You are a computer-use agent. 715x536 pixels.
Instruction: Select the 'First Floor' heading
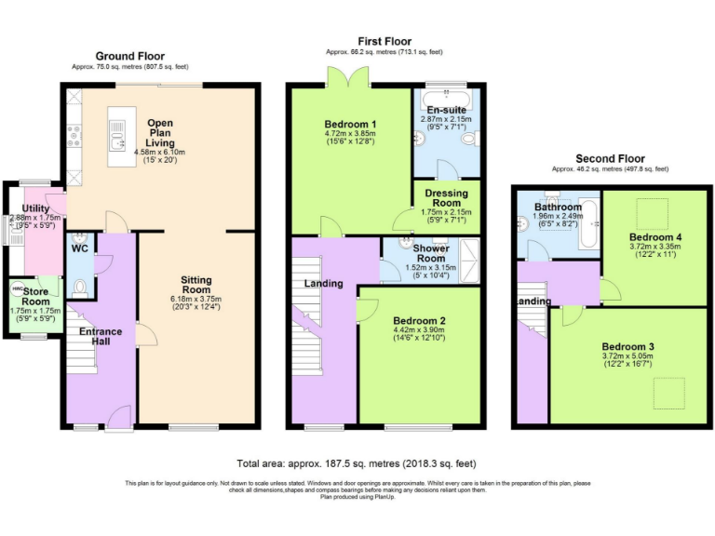coord(384,42)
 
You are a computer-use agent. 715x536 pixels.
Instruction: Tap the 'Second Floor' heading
coord(610,159)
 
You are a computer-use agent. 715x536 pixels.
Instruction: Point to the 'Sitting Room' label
coord(196,286)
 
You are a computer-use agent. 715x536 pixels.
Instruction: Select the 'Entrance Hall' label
coord(101,337)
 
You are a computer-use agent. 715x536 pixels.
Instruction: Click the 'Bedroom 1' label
coord(350,125)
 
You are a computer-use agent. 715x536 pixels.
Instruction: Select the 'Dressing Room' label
coord(446,197)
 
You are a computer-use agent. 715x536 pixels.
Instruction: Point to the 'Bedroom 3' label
coord(627,347)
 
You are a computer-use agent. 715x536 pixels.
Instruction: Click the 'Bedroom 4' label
coord(654,237)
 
